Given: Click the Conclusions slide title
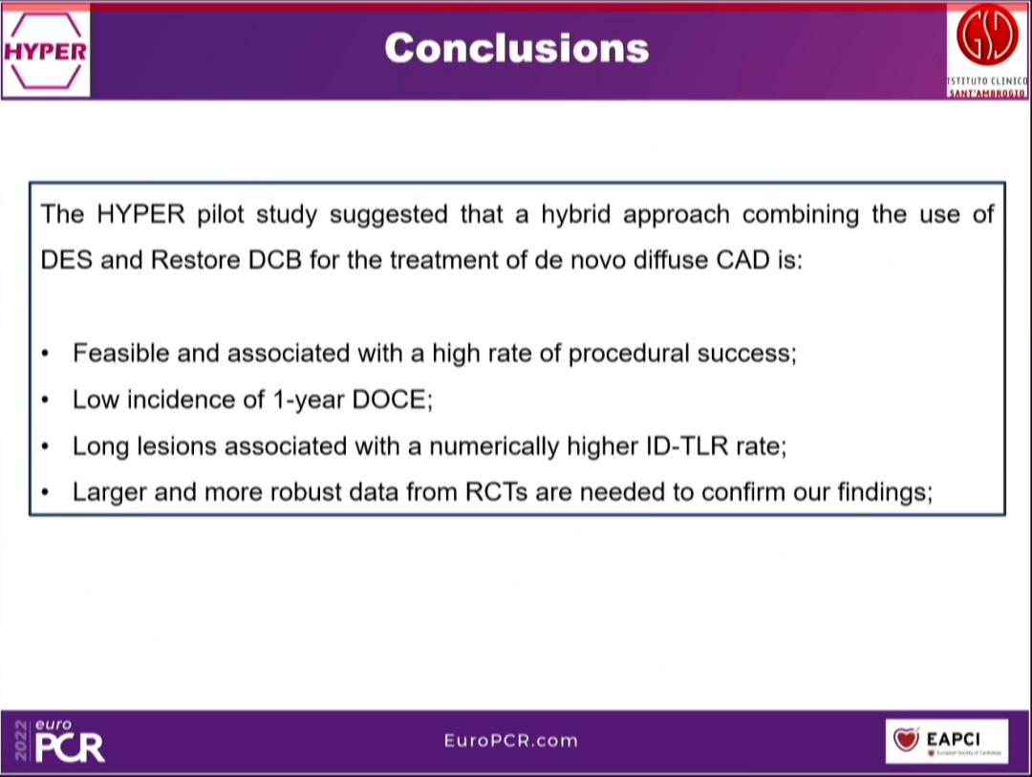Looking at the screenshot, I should pos(516,48).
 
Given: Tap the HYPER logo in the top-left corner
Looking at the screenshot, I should pos(45,51).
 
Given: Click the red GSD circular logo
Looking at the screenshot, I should pos(988,37).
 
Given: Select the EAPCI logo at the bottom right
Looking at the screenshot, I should pos(946,741).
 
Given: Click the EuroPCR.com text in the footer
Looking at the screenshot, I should pos(511,741).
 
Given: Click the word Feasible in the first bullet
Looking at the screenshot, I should pos(121,354).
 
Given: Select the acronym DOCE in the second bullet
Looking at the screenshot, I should pos(389,400).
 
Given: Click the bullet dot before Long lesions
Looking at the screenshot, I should pos(46,446).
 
